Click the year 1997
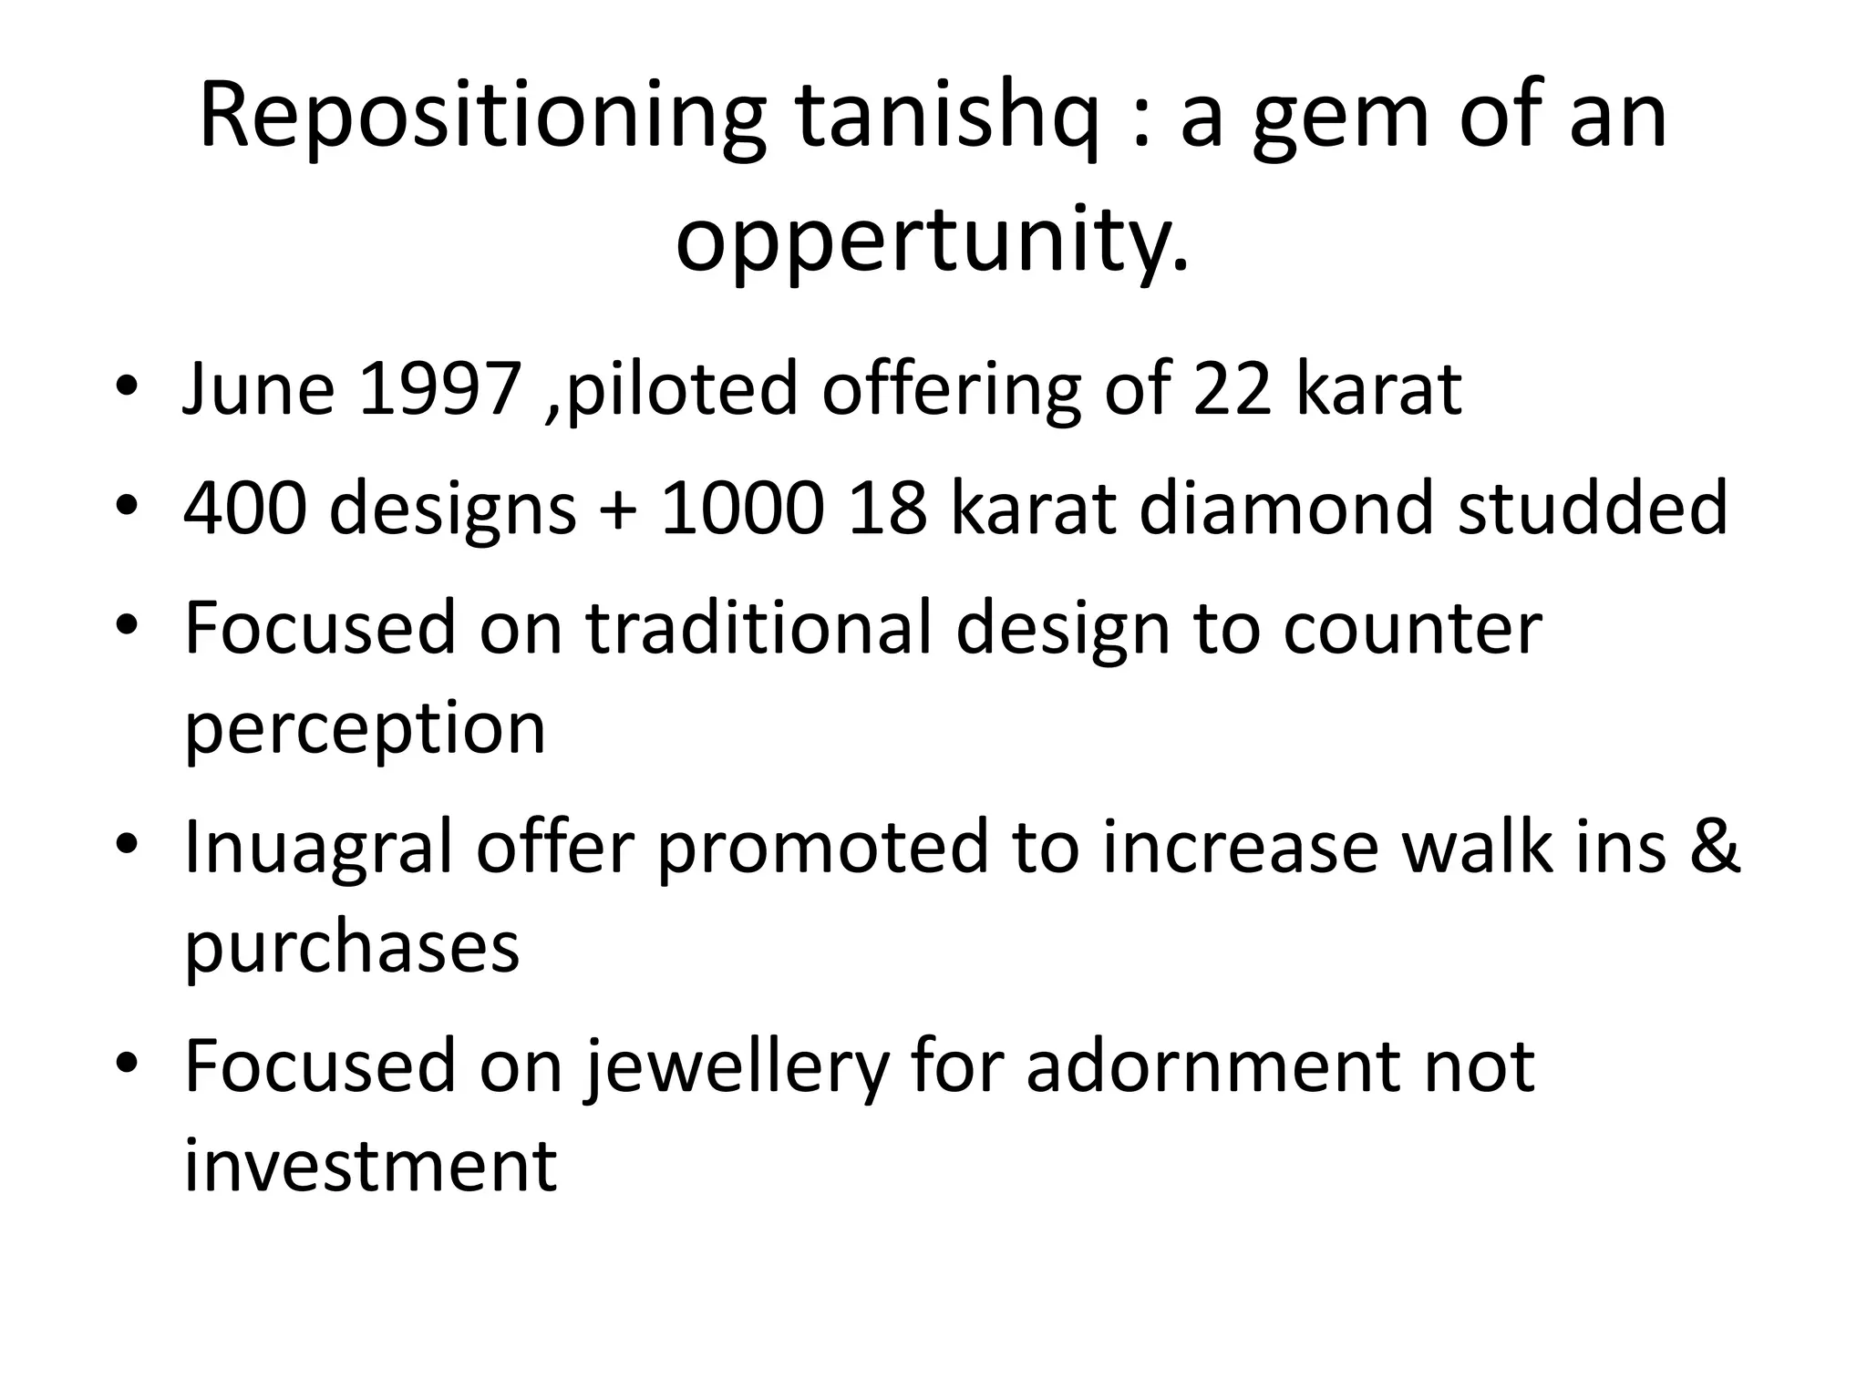[440, 389]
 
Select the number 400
[244, 509]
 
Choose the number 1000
[741, 509]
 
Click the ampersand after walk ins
[1715, 848]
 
